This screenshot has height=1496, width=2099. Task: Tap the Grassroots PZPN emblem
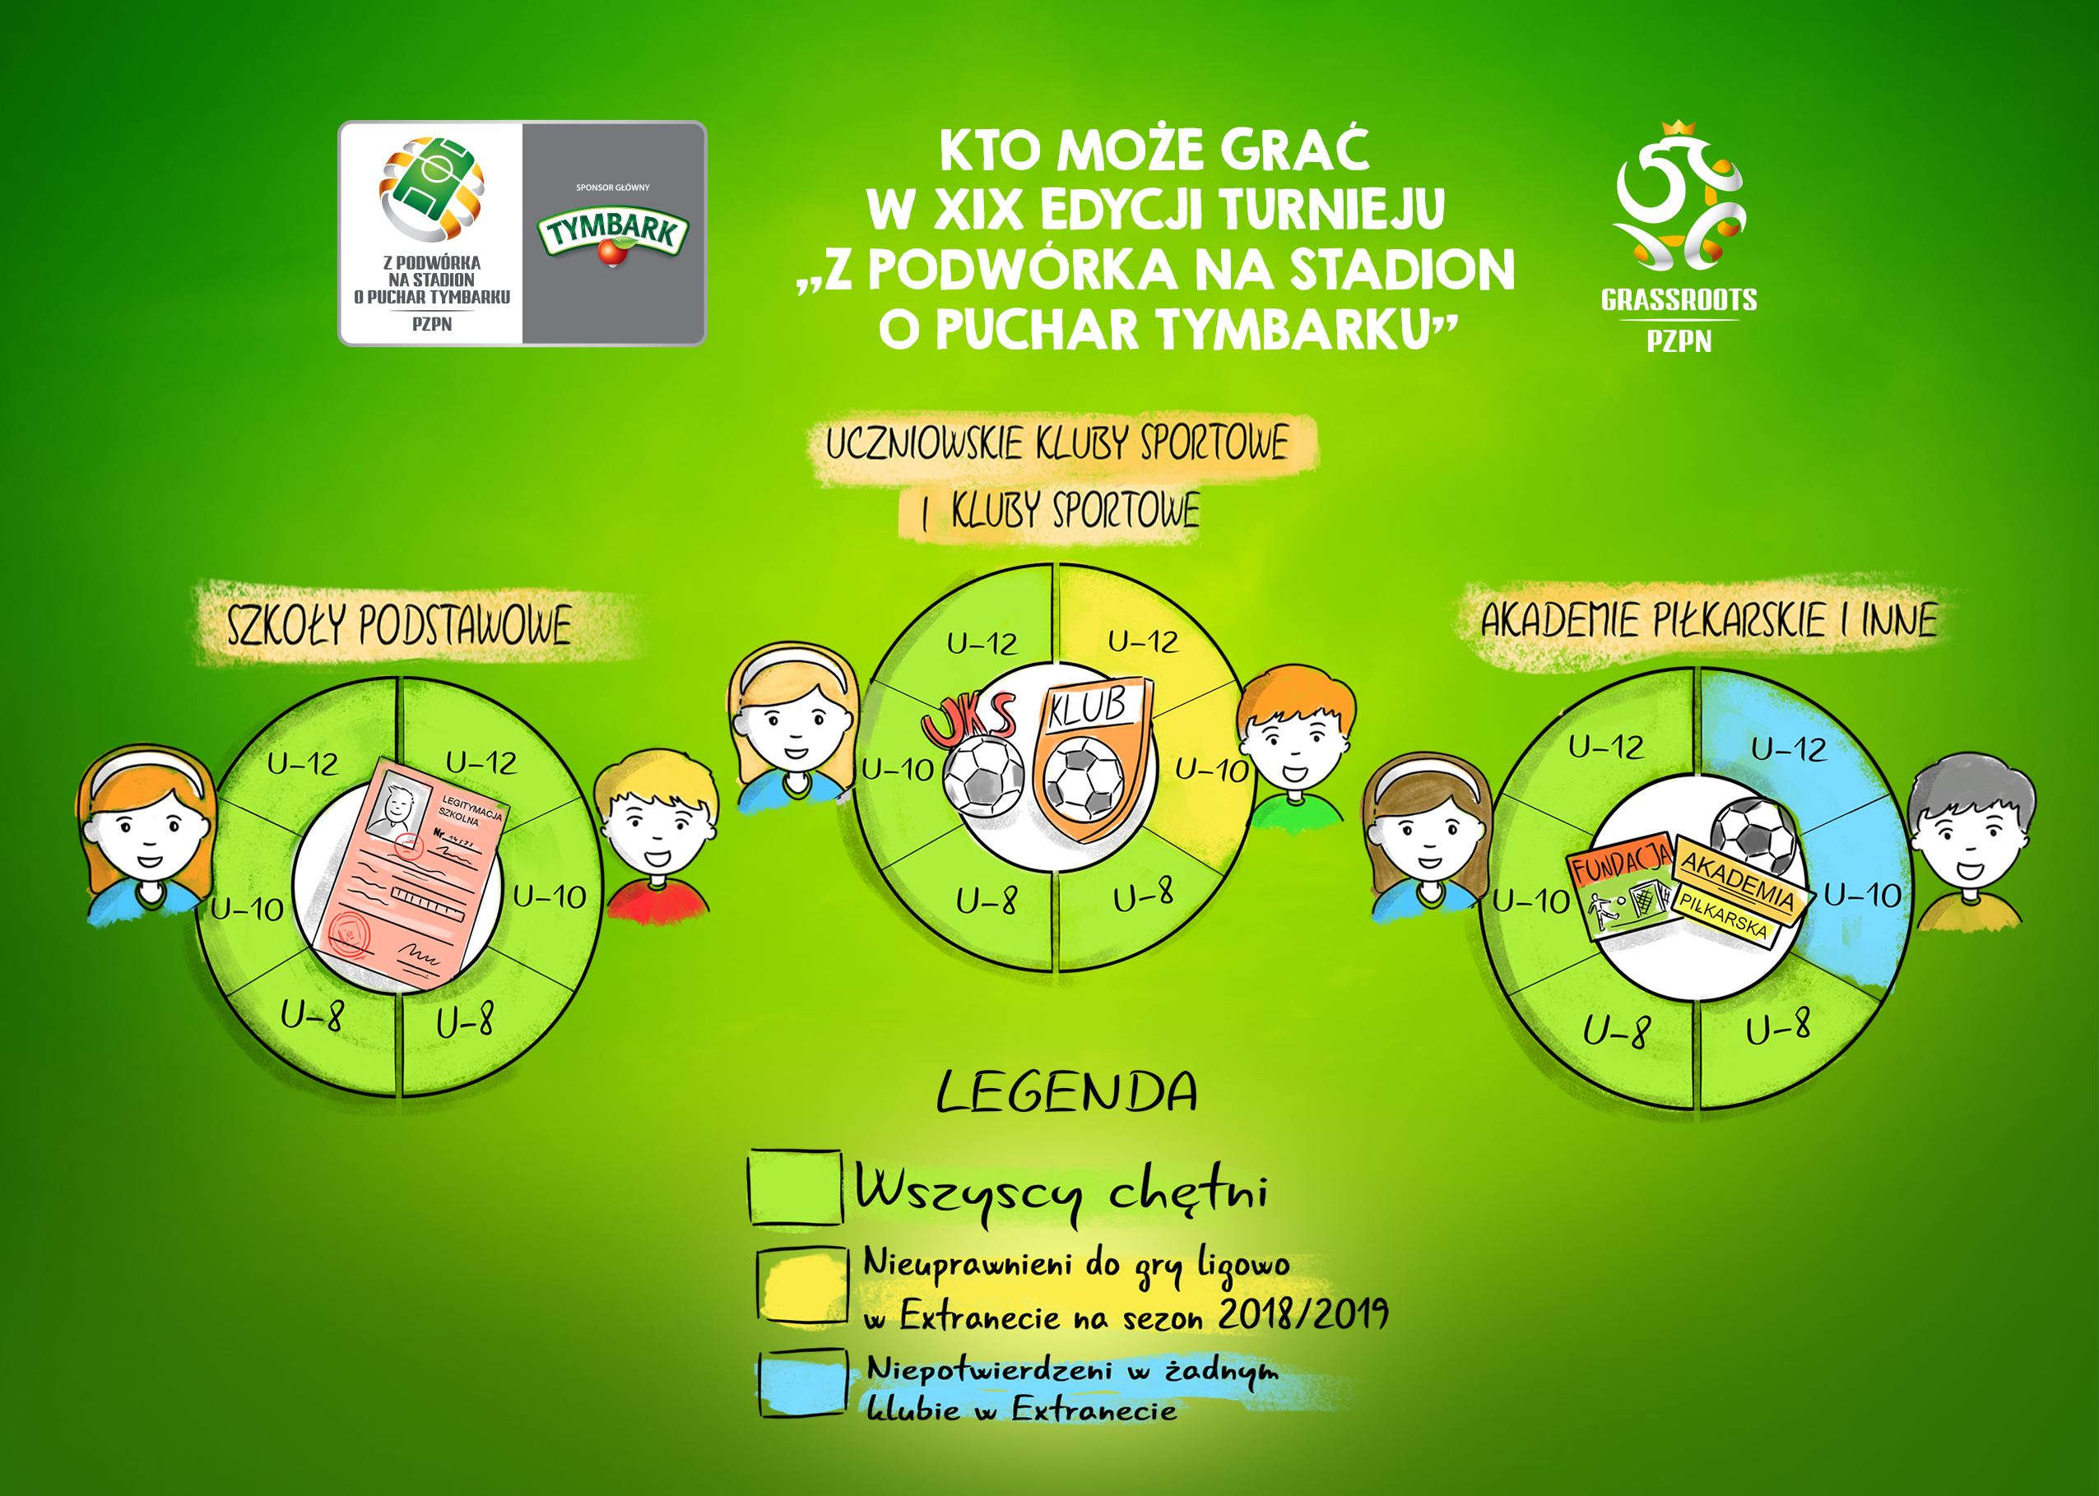click(1679, 237)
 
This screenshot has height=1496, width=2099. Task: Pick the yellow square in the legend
click(801, 1285)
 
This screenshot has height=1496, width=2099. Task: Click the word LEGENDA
click(1067, 1092)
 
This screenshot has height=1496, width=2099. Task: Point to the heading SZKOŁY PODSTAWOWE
click(399, 624)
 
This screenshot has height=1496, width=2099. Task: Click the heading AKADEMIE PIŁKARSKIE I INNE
click(1708, 620)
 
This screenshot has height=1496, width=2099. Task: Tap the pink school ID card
click(408, 875)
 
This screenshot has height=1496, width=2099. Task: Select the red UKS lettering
click(968, 720)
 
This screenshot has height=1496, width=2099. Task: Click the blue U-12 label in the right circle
click(1789, 749)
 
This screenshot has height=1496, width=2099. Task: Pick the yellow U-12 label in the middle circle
click(1143, 641)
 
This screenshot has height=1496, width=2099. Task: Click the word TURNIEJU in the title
click(1331, 209)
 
